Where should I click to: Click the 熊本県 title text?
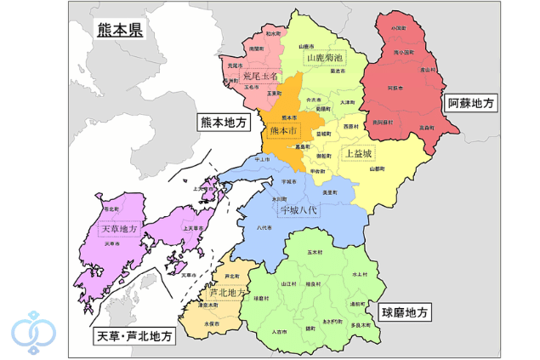[x=119, y=31]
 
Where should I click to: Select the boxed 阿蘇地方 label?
[x=471, y=103]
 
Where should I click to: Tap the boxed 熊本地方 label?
[x=222, y=123]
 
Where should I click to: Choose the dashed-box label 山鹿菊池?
[x=324, y=59]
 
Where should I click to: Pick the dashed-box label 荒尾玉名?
[x=259, y=76]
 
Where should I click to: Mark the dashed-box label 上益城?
[x=357, y=155]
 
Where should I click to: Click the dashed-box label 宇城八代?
[x=293, y=209]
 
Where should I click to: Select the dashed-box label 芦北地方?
[x=226, y=293]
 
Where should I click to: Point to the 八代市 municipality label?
[x=264, y=228]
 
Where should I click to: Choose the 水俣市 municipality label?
[x=212, y=324]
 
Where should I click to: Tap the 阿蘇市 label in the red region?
[x=395, y=88]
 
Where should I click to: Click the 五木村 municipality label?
[x=314, y=253]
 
